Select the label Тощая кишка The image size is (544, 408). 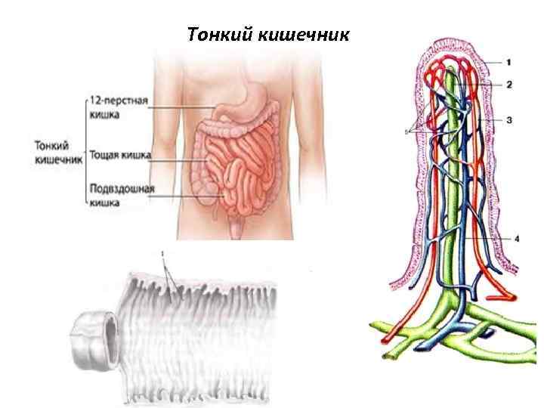[119, 155]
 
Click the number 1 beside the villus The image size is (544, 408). [509, 60]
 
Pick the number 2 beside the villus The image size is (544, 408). [509, 85]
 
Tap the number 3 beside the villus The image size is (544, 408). [509, 120]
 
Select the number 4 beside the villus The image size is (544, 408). [517, 239]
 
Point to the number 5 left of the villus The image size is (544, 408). [406, 131]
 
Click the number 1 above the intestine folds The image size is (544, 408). [162, 252]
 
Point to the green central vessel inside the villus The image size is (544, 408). [454, 189]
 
